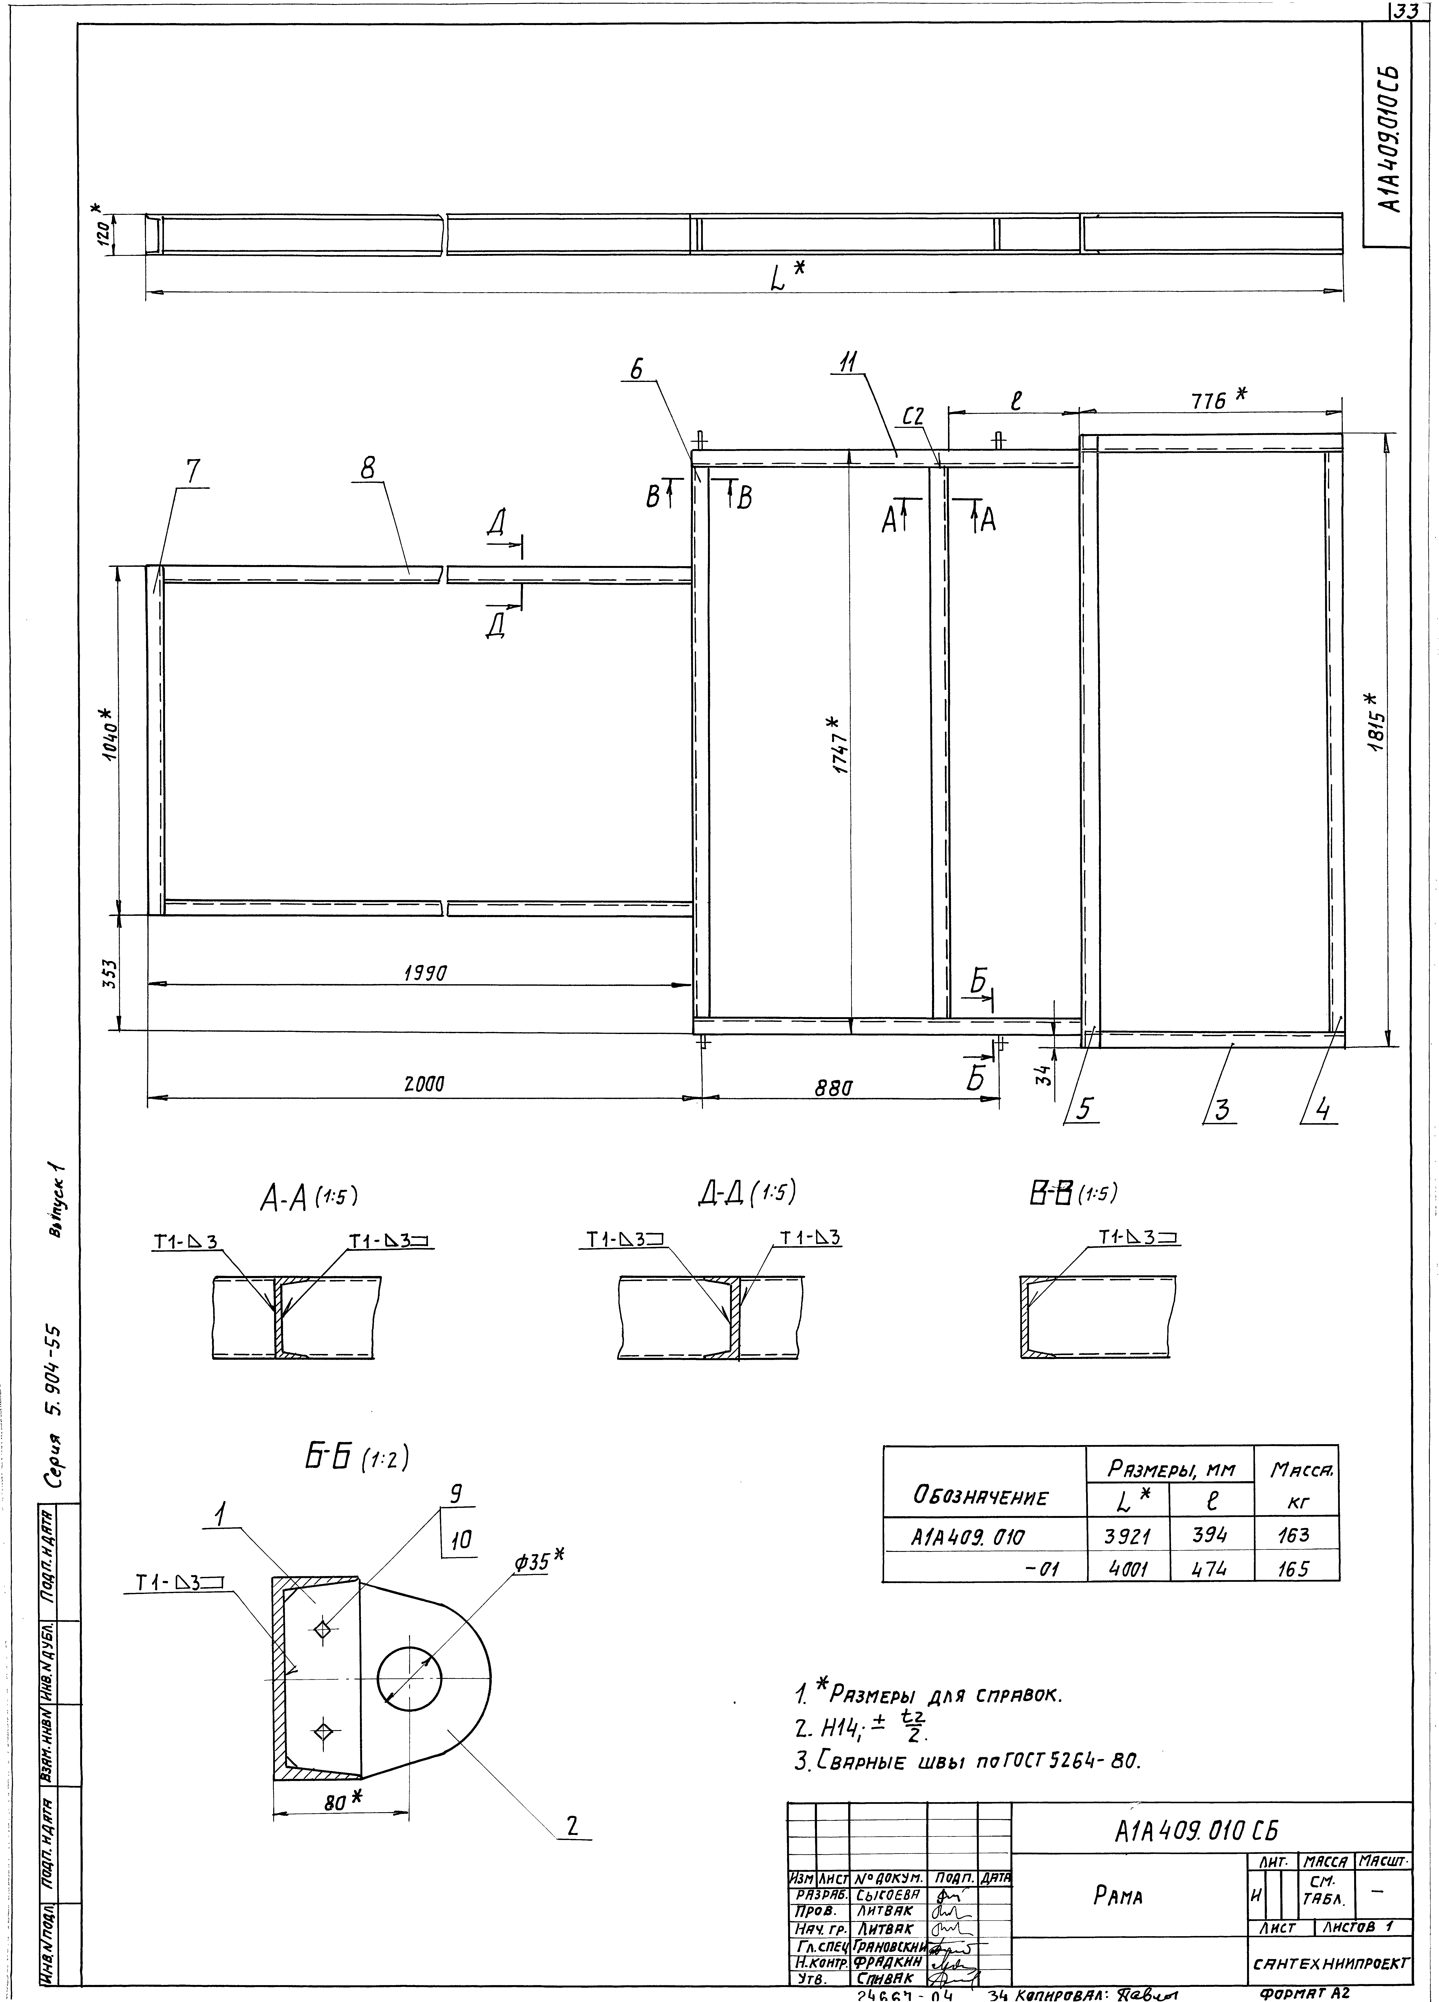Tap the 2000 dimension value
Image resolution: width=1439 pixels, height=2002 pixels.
click(424, 1084)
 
